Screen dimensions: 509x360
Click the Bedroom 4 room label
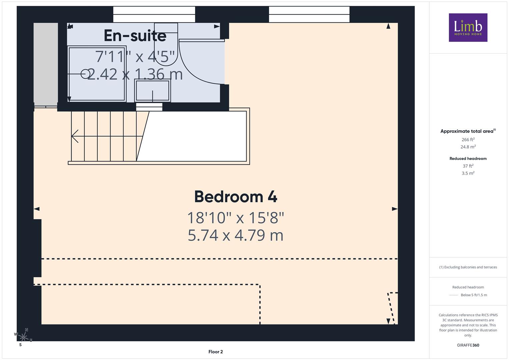(236, 197)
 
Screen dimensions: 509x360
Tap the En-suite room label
(135, 36)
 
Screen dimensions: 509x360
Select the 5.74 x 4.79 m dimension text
(235, 235)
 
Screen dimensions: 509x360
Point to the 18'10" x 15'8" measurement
(236, 218)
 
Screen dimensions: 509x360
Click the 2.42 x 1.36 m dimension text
(135, 74)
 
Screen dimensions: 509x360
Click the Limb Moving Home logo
(468, 27)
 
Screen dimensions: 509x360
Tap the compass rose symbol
(23, 337)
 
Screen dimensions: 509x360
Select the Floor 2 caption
(216, 352)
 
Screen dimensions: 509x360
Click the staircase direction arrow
(107, 136)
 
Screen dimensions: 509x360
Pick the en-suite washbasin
(152, 90)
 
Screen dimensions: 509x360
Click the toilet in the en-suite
(166, 44)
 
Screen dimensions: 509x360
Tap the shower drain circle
(85, 74)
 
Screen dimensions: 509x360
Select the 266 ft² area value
(468, 140)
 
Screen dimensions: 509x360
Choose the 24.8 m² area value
(468, 147)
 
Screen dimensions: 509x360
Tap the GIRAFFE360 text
(468, 345)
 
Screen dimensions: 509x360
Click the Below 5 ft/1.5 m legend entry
(474, 295)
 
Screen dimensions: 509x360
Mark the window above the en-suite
(154, 14)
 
